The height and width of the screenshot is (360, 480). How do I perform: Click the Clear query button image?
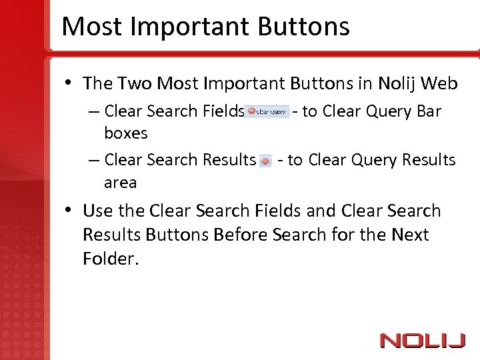pyautogui.click(x=267, y=111)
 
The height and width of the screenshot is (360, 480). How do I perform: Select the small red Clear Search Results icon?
pyautogui.click(x=265, y=161)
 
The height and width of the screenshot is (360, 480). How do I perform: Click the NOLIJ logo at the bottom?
pyautogui.click(x=422, y=340)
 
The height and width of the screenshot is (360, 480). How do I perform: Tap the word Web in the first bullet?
pyautogui.click(x=441, y=83)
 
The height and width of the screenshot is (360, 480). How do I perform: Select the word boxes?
pyautogui.click(x=125, y=133)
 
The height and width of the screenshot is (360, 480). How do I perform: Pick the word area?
pyautogui.click(x=120, y=183)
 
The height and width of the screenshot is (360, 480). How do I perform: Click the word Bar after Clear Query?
pyautogui.click(x=429, y=111)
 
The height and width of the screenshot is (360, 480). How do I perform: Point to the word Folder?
pyautogui.click(x=111, y=259)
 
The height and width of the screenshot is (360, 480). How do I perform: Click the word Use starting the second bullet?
pyautogui.click(x=97, y=211)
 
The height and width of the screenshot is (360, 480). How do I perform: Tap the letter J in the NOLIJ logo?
pyautogui.click(x=457, y=340)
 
